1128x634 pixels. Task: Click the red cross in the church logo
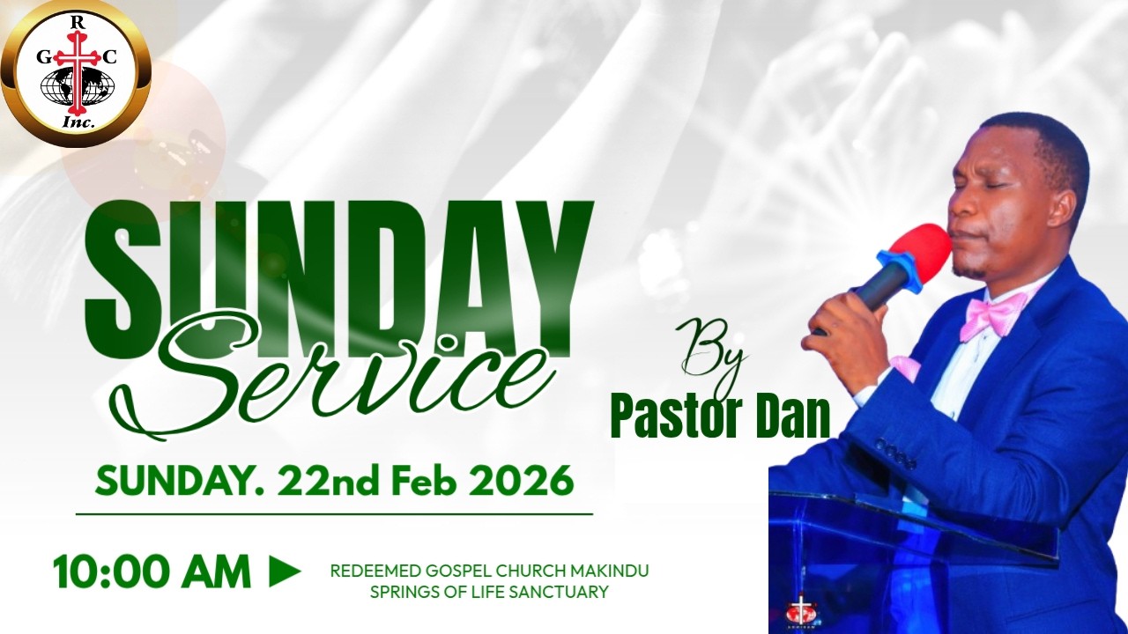(80, 70)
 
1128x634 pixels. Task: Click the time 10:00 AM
(152, 572)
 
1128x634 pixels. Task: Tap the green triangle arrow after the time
(285, 571)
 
